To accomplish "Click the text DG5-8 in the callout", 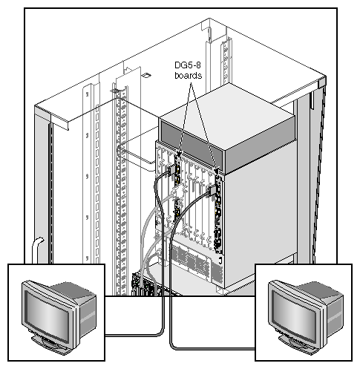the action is pyautogui.click(x=188, y=65).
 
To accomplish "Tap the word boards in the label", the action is pyautogui.click(x=188, y=75).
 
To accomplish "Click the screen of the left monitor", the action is pyautogui.click(x=47, y=314).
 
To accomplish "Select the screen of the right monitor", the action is pyautogui.click(x=294, y=314).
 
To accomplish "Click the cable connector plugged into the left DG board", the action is pyautogui.click(x=171, y=170).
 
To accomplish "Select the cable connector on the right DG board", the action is pyautogui.click(x=212, y=191).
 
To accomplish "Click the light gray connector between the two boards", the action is pyautogui.click(x=177, y=192).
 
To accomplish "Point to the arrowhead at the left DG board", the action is pyautogui.click(x=179, y=154).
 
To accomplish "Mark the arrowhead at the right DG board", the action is pyautogui.click(x=217, y=171).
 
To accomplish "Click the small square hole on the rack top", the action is pyautogui.click(x=146, y=75).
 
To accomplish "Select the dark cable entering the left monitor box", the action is pyautogui.click(x=134, y=336).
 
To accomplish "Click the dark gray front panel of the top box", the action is pyautogui.click(x=191, y=143).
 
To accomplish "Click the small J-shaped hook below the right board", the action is pyautogui.click(x=220, y=260).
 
